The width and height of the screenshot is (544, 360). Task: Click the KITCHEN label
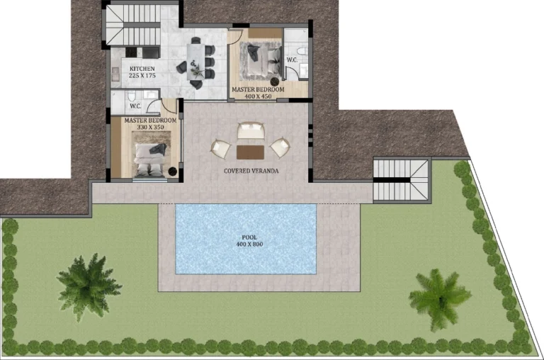(x=142, y=68)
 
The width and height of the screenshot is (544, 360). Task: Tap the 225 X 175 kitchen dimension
(x=142, y=75)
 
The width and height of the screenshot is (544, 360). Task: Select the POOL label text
(x=249, y=237)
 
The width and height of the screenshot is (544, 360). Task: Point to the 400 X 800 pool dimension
(x=249, y=244)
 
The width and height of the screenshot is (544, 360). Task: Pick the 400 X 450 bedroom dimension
(x=259, y=97)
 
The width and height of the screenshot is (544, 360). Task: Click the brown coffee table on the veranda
(x=247, y=151)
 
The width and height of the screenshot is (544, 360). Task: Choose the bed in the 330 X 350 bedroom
(x=151, y=157)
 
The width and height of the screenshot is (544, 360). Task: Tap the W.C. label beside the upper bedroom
(x=292, y=59)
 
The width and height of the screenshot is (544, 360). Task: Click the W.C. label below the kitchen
(x=136, y=106)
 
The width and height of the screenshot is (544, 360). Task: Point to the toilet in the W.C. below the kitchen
(x=130, y=97)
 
